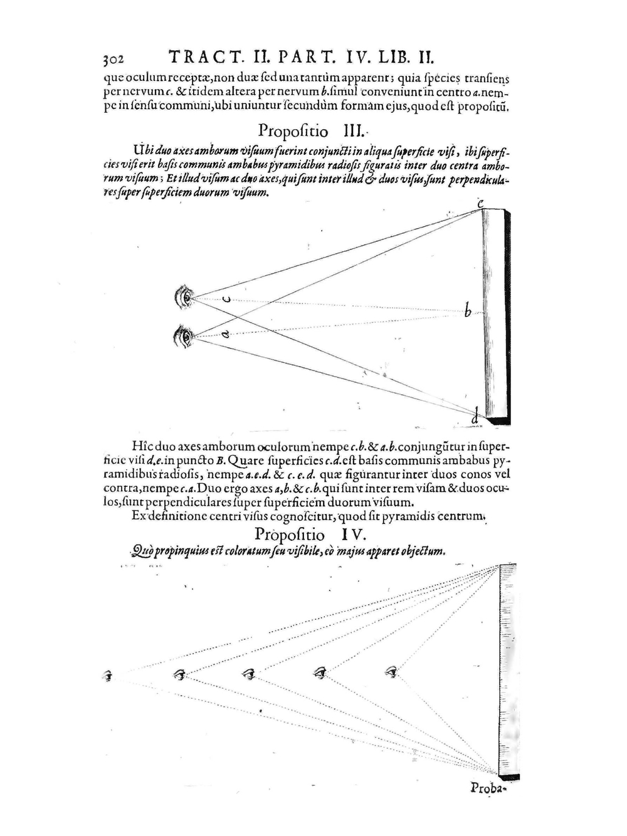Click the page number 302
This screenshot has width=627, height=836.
pyautogui.click(x=114, y=60)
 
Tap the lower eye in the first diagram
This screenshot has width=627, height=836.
pyautogui.click(x=184, y=337)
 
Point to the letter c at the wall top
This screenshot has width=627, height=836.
pyautogui.click(x=480, y=204)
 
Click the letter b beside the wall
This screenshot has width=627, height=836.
pyautogui.click(x=467, y=310)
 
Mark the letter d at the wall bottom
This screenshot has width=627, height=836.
pyautogui.click(x=475, y=415)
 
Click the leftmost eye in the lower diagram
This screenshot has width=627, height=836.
pyautogui.click(x=108, y=676)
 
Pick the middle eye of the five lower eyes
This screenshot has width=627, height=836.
pyautogui.click(x=250, y=674)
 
